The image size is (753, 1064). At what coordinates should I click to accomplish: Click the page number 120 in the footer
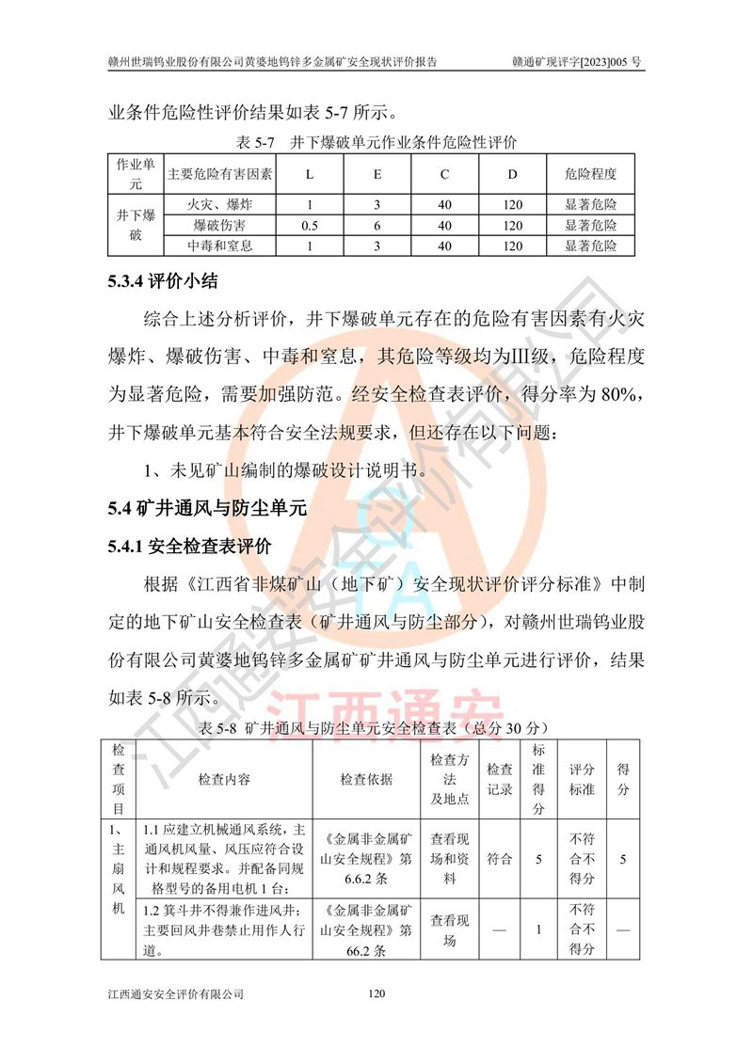376,993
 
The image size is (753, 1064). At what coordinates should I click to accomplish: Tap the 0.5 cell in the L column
309,226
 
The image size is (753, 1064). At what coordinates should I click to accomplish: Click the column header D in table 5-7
512,175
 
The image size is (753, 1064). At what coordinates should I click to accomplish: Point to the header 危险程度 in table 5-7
590,175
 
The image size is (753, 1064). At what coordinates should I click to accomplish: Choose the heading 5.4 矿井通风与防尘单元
207,509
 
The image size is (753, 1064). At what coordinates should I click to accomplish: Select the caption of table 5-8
374,728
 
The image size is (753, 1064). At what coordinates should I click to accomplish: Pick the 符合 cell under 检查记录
500,859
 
